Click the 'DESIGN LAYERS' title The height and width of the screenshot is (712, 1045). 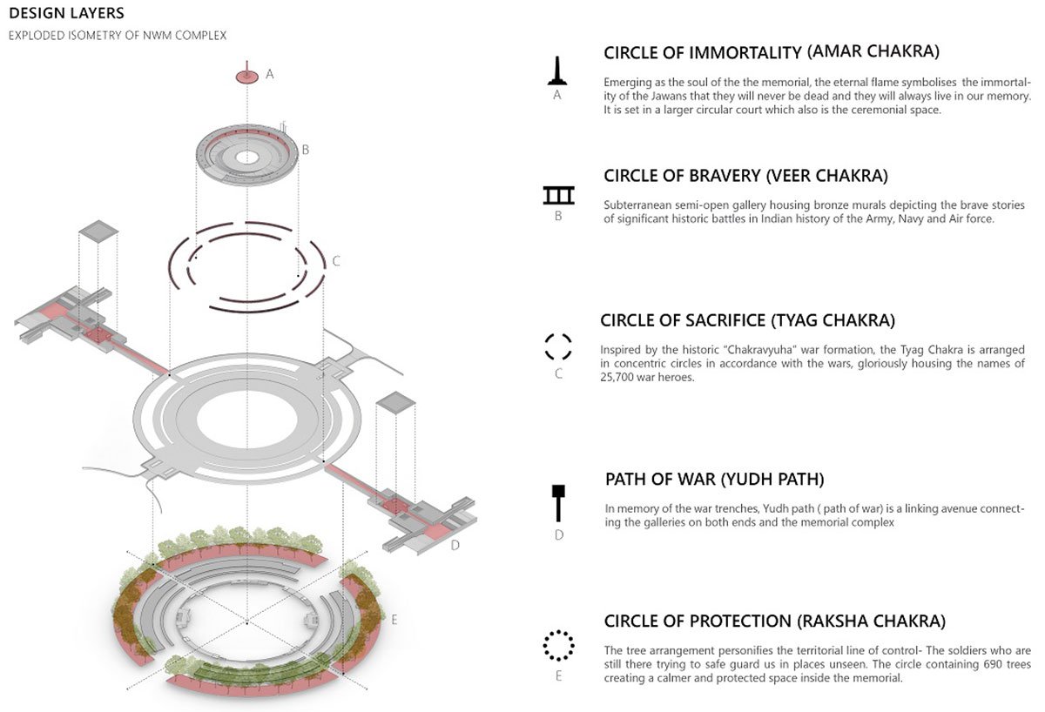[x=66, y=14]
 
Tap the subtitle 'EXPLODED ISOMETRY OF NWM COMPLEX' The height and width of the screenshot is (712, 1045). [x=118, y=36]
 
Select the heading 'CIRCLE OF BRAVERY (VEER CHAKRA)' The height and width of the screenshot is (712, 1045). [x=745, y=176]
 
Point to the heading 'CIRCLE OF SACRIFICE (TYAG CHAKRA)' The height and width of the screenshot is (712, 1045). [x=747, y=320]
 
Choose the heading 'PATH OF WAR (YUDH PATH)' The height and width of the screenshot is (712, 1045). [x=714, y=480]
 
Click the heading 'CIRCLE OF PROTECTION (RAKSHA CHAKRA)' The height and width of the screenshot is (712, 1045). [x=775, y=621]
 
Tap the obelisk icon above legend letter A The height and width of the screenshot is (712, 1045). [x=557, y=70]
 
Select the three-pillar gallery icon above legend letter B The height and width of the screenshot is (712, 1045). [x=558, y=196]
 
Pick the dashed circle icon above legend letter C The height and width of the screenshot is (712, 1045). [x=558, y=346]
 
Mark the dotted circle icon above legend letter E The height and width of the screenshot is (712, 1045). [x=558, y=647]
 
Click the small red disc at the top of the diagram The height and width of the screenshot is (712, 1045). [x=248, y=77]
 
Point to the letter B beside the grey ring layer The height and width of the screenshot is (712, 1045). [x=306, y=150]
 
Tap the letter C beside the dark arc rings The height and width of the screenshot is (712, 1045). [x=337, y=260]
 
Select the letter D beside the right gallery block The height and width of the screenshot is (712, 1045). [x=455, y=546]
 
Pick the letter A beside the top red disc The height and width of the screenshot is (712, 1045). [x=270, y=75]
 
